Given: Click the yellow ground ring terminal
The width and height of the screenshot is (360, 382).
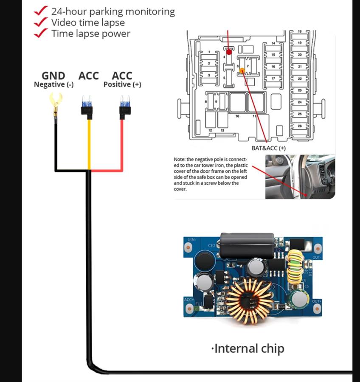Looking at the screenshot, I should pos(54,101).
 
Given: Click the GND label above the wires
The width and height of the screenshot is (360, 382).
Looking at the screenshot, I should pos(53,76).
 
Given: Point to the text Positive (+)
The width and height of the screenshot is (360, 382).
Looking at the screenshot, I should pos(122,84).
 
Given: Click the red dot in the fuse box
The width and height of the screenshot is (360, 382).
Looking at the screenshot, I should pos(229,52).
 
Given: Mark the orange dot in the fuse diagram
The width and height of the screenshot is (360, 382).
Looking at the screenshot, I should pos(242,70).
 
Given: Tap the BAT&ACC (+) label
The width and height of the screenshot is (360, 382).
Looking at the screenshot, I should pos(269,148).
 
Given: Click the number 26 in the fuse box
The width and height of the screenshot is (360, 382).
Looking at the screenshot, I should pos(299,126).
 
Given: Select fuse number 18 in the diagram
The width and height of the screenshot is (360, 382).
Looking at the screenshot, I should pos(299,32).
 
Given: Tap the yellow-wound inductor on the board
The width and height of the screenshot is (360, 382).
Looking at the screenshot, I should pos(295,267).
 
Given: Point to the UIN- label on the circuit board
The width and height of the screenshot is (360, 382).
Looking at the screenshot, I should pos(191,240).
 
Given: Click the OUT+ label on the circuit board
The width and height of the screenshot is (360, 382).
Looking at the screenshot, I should pos(316,301).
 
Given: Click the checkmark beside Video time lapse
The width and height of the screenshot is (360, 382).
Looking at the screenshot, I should pos(41,22).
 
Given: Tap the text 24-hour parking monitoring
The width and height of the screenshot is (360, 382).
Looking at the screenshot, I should pos(112,11).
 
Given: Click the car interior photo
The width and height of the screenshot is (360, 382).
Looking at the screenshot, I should pos(300,177).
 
